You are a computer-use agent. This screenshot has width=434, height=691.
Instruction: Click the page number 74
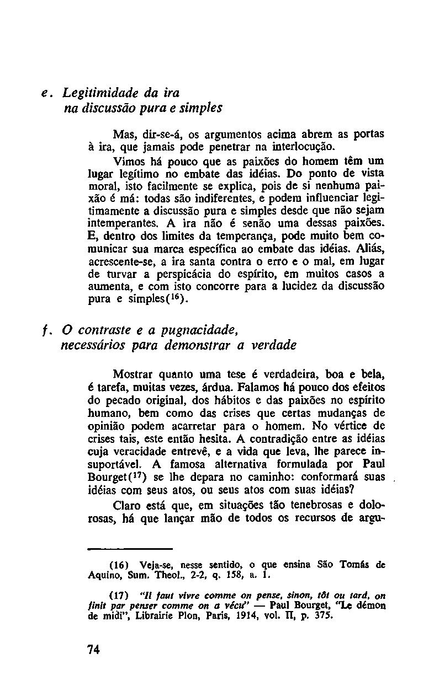[93, 649]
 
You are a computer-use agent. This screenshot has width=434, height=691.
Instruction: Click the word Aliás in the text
[369, 248]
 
